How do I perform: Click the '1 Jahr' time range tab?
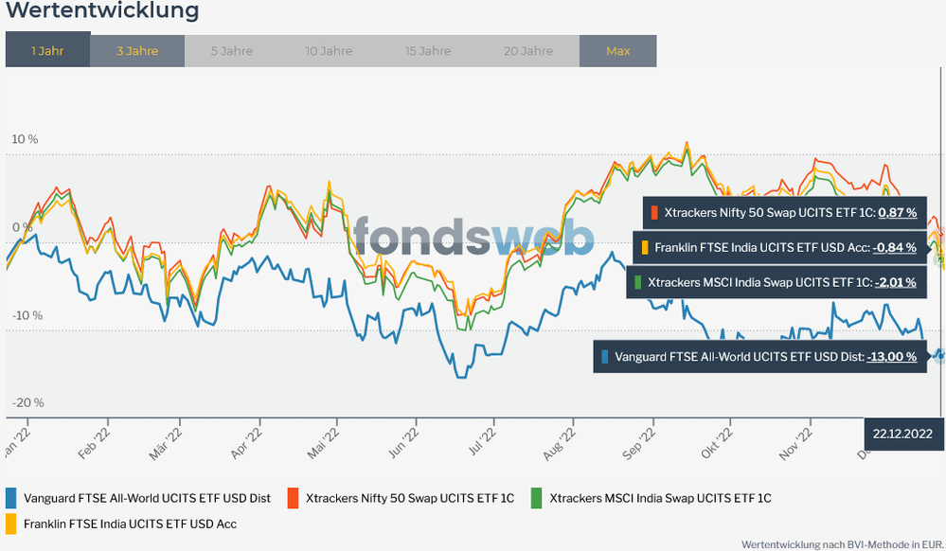(47, 50)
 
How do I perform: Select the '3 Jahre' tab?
(137, 50)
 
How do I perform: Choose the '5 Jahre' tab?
(232, 50)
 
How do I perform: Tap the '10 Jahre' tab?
(329, 50)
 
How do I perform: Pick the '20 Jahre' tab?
(528, 50)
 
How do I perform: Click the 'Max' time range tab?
(617, 50)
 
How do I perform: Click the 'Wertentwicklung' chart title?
(102, 11)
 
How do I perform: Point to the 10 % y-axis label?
(25, 139)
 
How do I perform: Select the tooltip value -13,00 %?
(891, 357)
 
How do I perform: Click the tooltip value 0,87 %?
(897, 213)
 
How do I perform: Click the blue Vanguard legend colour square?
(11, 497)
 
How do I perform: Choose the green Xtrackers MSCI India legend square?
(537, 497)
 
